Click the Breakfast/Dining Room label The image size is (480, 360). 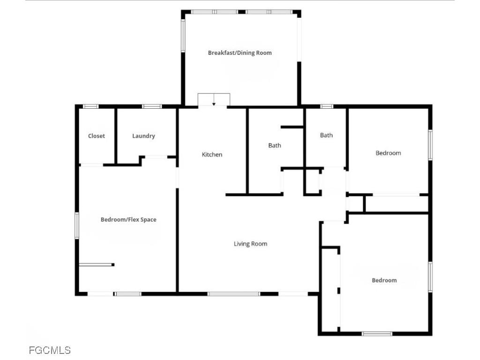tap(240, 53)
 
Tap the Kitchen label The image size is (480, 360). tap(212, 155)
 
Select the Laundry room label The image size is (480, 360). tap(143, 136)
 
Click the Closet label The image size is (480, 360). tap(97, 136)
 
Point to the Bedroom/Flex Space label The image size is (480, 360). tap(128, 219)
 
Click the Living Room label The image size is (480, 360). tap(250, 244)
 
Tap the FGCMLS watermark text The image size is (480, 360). tap(49, 350)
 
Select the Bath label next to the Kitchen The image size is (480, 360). tap(275, 145)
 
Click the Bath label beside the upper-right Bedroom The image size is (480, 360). tap(326, 135)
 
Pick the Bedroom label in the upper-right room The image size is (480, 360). tap(388, 153)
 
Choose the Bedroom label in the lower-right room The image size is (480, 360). tap(384, 280)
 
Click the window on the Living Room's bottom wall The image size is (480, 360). tap(233, 294)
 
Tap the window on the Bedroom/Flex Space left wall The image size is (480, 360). tap(77, 225)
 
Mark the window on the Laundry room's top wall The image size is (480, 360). tap(151, 106)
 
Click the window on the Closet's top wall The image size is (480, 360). tap(90, 106)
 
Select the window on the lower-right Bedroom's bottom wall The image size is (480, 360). tap(377, 334)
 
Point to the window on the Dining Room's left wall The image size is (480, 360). tap(183, 35)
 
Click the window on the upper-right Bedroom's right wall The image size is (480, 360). tap(430, 145)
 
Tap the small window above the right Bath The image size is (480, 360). tap(327, 106)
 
